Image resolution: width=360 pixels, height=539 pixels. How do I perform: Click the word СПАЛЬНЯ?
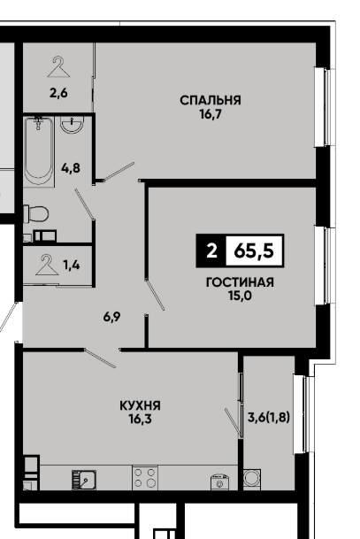click(x=211, y=100)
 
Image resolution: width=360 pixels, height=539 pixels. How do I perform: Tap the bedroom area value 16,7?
click(x=211, y=114)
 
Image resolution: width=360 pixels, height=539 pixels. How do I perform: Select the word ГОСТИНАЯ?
click(x=240, y=282)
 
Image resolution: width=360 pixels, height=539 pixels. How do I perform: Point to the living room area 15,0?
click(x=240, y=296)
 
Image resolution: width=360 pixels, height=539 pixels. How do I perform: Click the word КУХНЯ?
click(x=140, y=405)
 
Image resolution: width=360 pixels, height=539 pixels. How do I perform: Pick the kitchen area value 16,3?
click(x=140, y=419)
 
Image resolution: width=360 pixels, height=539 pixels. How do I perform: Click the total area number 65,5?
click(x=254, y=251)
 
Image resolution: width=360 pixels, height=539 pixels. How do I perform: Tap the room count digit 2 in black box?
click(x=211, y=251)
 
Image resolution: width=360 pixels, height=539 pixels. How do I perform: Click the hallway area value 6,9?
click(x=111, y=317)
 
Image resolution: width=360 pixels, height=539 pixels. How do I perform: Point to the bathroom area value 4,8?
click(x=71, y=168)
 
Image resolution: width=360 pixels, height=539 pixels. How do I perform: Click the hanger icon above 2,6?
click(x=58, y=67)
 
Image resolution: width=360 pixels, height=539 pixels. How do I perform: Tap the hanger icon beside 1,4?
click(x=47, y=265)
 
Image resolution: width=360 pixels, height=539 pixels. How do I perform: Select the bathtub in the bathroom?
click(x=38, y=151)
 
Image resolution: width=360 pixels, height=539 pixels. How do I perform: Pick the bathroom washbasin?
click(x=73, y=125)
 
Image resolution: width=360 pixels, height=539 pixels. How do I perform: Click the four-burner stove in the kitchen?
click(x=145, y=478)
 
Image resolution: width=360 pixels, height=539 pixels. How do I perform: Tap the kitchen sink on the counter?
click(x=84, y=480)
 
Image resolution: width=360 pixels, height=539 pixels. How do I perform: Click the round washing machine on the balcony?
click(x=252, y=479)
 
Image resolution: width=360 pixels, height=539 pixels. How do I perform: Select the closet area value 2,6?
click(x=58, y=93)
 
